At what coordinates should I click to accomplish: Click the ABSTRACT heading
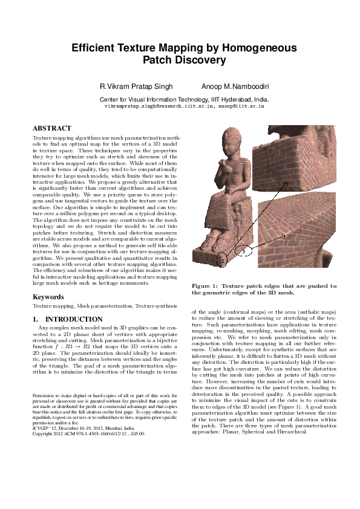[52, 128]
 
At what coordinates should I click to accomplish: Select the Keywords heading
[49, 297]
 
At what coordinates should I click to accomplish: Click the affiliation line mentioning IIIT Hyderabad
[185, 99]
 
